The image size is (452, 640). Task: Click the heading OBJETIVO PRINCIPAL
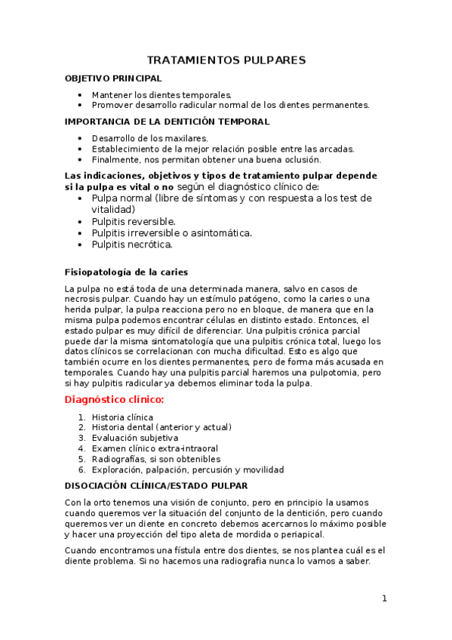[113, 78]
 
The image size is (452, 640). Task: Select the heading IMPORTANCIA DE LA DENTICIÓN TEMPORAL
[167, 122]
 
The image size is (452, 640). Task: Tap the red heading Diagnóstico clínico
[114, 398]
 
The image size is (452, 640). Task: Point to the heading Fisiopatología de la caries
[127, 272]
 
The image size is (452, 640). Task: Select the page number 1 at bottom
[384, 598]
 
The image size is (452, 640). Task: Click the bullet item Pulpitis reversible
[134, 222]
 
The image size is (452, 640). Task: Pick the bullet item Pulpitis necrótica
[132, 245]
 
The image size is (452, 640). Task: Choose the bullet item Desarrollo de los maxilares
[149, 139]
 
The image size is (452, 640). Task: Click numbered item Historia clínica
[122, 417]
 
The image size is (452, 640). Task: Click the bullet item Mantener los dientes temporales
[161, 95]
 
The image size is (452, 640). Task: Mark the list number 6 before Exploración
[81, 469]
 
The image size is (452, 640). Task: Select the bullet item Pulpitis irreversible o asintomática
[172, 233]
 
